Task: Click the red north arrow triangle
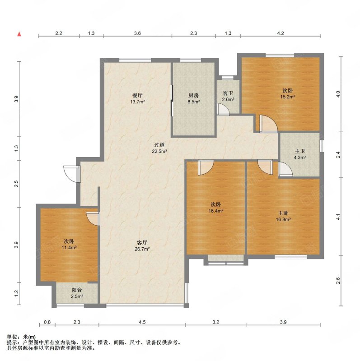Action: (19, 34)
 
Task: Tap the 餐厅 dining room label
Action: (137, 95)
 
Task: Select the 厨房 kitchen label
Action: (194, 95)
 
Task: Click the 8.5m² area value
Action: (194, 102)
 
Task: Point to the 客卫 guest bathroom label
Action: (228, 93)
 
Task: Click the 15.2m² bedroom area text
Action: (288, 97)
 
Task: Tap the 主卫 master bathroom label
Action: (300, 151)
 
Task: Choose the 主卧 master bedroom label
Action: (283, 213)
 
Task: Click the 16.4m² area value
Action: (216, 211)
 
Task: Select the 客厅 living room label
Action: (142, 242)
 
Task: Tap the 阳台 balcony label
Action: (77, 290)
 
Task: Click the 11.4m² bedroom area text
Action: (69, 248)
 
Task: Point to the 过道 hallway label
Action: (159, 145)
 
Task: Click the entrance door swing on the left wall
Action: (71, 174)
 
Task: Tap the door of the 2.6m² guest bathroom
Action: (223, 109)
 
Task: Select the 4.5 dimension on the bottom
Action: (142, 322)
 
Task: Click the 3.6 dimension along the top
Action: (137, 33)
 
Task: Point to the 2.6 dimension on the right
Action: (338, 281)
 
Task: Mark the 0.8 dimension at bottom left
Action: (47, 322)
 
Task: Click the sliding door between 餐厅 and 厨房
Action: (172, 101)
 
